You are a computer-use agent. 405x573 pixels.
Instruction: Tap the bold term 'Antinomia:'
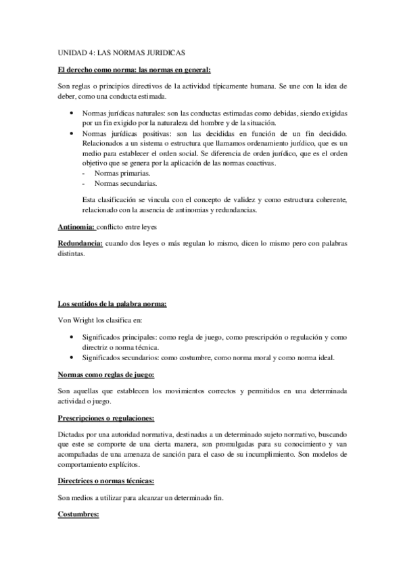tap(76, 228)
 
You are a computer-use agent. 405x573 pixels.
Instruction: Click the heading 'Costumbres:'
tap(79, 514)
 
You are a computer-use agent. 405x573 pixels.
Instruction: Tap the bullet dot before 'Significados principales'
tap(72, 337)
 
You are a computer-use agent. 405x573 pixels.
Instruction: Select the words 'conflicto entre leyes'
tap(133, 228)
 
